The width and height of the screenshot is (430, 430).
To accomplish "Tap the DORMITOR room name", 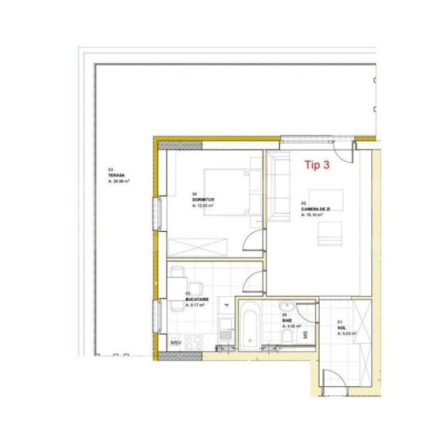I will pos(203,199).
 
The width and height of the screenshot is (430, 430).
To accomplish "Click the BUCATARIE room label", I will pos(198,300).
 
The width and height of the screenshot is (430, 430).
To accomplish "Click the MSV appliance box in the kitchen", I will pos(176,342).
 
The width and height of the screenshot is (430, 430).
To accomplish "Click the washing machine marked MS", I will pos(306,335).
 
